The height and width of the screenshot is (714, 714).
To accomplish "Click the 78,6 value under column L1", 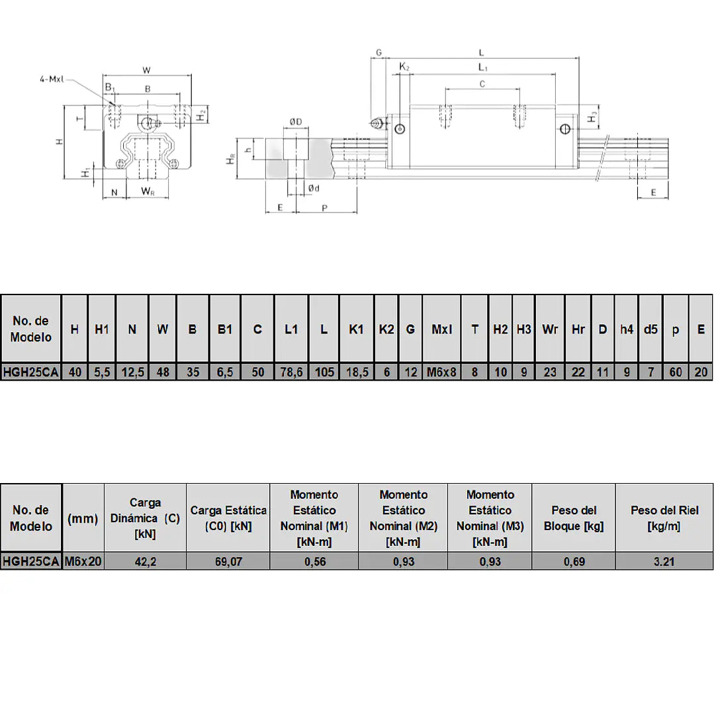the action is click(291, 372).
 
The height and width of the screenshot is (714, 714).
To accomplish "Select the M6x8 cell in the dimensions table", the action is click(441, 372).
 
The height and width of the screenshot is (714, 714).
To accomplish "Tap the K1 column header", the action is click(357, 330).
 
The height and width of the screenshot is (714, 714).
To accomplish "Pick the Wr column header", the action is click(550, 330).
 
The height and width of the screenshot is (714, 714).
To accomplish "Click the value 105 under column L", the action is click(324, 372).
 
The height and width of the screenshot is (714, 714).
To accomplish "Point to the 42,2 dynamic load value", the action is click(146, 561).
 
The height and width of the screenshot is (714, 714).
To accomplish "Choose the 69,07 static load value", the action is click(228, 561).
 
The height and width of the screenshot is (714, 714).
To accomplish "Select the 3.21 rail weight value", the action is click(664, 561).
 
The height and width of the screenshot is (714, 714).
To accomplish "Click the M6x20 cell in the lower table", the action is click(83, 561).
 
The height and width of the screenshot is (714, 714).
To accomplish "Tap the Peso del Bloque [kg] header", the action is click(574, 518).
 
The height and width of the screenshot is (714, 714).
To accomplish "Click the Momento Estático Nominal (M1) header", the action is click(314, 518).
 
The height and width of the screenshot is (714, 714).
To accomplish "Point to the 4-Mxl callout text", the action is click(52, 79).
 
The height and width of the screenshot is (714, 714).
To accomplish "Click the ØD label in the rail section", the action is click(296, 122).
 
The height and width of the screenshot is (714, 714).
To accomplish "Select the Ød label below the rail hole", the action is click(314, 188).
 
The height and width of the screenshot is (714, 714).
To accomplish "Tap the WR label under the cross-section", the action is click(148, 191).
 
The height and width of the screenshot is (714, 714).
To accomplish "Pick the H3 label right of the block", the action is click(592, 117).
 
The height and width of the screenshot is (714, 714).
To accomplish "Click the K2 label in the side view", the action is click(404, 66).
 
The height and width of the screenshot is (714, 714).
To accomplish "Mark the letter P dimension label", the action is click(325, 208).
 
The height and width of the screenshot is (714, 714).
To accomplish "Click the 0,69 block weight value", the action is click(574, 561).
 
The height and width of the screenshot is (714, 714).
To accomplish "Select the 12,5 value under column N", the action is click(132, 372).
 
